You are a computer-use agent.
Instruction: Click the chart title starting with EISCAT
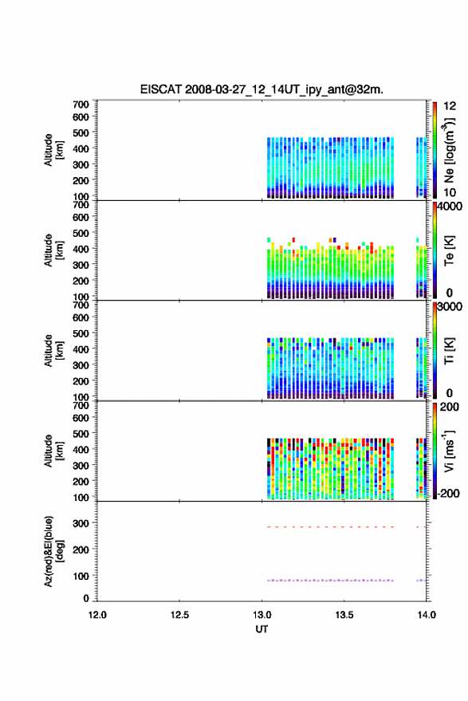tap(262, 89)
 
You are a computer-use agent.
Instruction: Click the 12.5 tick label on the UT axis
tap(179, 615)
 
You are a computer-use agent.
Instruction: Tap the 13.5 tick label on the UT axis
tap(344, 615)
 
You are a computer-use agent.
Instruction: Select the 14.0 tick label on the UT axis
tap(427, 615)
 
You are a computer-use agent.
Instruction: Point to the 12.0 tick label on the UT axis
tap(97, 615)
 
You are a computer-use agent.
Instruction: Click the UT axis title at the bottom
tap(262, 629)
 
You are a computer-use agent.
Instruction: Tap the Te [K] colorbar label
tap(449, 250)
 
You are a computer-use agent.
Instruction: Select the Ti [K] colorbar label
tap(449, 351)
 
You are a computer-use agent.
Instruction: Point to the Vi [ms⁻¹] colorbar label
tap(449, 451)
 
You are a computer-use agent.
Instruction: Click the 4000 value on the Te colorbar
tap(450, 207)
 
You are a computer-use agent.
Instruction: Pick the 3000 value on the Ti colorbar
tap(450, 307)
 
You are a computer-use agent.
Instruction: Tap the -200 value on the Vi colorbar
tap(449, 493)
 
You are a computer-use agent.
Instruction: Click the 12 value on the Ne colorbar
tap(450, 106)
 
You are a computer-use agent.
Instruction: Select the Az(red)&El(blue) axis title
tap(54, 551)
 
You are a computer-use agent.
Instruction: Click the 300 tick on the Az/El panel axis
tap(81, 522)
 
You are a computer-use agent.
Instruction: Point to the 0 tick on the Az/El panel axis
tap(86, 598)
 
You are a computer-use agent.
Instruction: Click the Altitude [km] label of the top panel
tap(54, 150)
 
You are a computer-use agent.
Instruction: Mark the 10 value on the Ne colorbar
tap(450, 192)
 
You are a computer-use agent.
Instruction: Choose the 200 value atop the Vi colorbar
tap(449, 407)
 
